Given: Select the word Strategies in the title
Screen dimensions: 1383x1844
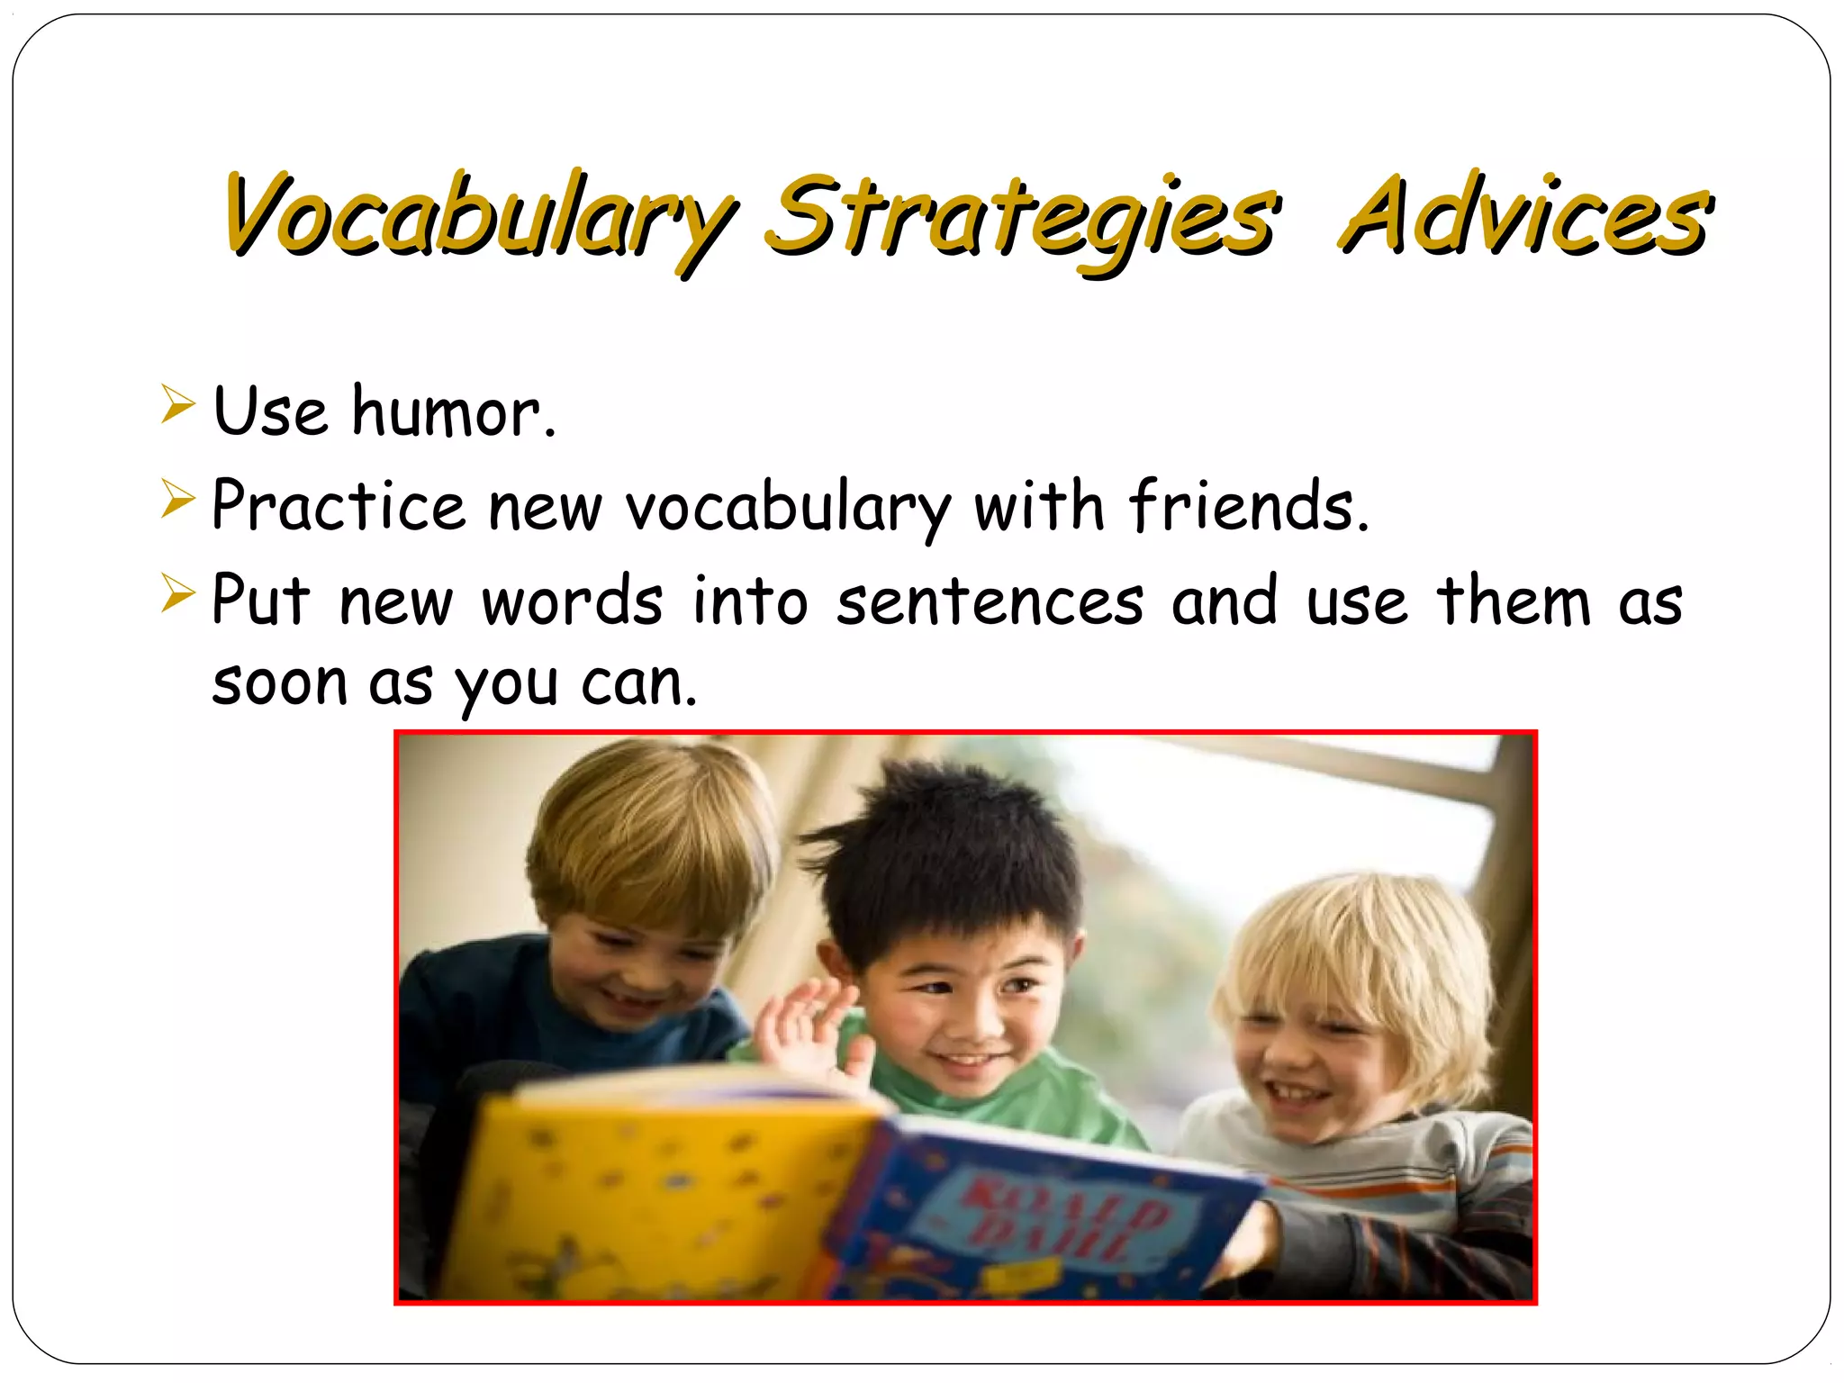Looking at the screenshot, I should pos(1022,216).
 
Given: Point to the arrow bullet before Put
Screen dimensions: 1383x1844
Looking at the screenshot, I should pos(177,593).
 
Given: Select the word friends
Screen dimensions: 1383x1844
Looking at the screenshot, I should pos(1248,506).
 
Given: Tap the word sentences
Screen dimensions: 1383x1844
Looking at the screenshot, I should pos(990,601).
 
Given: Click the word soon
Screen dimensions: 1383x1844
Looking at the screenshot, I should pos(279,683).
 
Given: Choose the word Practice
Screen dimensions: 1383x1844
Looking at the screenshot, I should pos(338,506).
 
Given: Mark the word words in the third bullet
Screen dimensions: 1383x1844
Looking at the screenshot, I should pos(572,601).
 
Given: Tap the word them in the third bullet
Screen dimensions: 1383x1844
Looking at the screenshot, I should pos(1513,601).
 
